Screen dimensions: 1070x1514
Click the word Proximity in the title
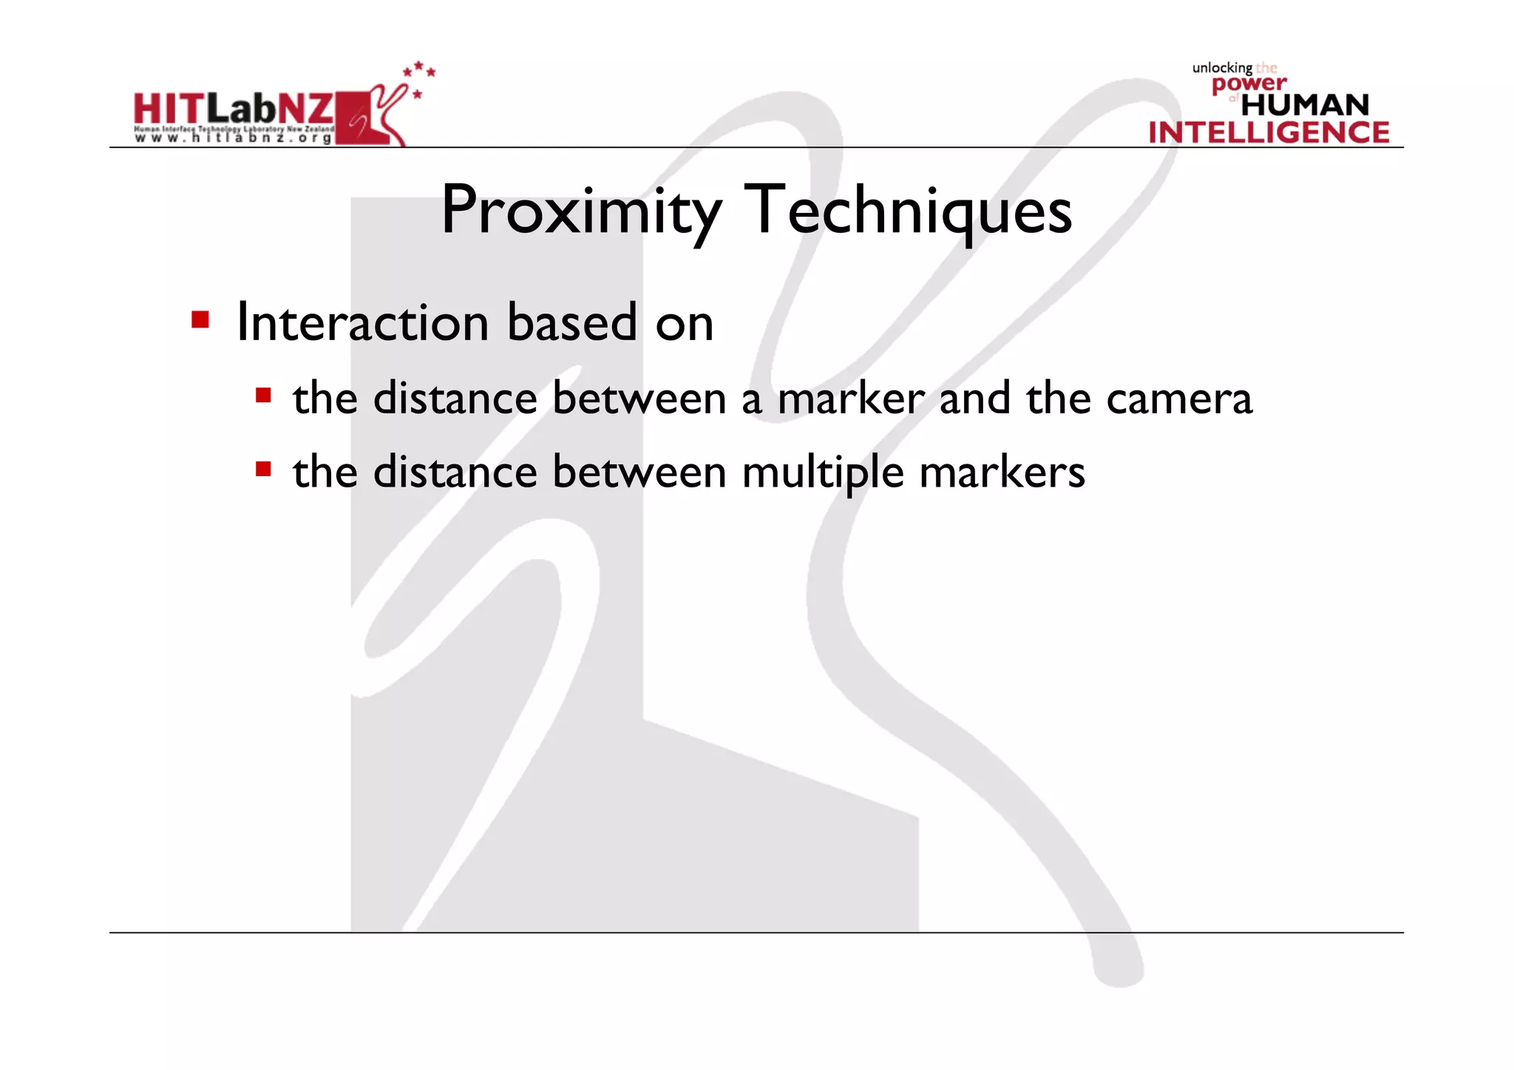coord(581,211)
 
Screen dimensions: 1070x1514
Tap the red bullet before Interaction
coord(200,319)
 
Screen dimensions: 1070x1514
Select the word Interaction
coord(362,323)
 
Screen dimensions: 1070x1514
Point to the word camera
coord(1179,399)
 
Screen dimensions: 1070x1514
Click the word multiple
coord(823,473)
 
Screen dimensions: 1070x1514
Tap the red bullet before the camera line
coord(263,395)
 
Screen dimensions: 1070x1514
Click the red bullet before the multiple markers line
coord(263,469)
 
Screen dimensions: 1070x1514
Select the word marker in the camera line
coord(851,399)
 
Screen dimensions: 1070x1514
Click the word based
coord(571,323)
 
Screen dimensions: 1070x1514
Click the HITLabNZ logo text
coord(234,109)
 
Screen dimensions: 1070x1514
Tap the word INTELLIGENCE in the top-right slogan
coord(1269,133)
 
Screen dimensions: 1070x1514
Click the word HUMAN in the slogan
coord(1305,105)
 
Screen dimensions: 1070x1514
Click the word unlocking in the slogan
coord(1221,68)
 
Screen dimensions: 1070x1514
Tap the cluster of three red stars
coord(419,70)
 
